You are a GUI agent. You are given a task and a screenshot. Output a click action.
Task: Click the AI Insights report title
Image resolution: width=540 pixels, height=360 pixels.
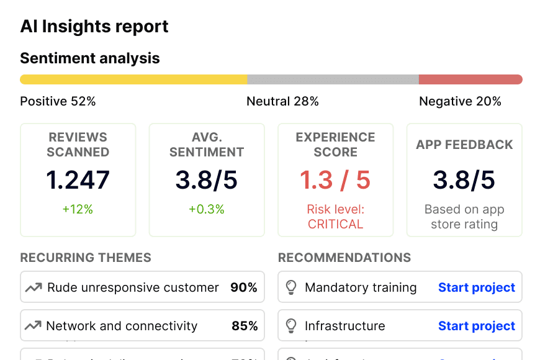click(94, 27)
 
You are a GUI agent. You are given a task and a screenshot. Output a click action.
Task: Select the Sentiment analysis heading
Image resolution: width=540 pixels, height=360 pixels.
click(90, 58)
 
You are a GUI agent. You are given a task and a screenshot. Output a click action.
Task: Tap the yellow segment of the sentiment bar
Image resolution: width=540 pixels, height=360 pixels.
click(133, 79)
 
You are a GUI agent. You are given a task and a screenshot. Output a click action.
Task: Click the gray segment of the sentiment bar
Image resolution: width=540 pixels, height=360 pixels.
click(333, 79)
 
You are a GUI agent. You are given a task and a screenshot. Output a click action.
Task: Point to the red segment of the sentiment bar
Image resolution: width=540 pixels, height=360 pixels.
click(470, 79)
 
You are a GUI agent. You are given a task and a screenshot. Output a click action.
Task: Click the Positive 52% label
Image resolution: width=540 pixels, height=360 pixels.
click(58, 101)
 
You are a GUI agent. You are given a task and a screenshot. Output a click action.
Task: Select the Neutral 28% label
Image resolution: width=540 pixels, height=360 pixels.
click(282, 101)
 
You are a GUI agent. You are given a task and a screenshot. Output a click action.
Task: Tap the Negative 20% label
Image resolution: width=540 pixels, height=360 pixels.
click(460, 101)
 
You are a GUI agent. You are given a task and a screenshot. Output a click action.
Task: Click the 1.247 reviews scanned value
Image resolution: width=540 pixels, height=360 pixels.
click(78, 180)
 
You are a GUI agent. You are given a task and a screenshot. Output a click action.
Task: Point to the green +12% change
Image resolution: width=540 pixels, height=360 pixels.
click(78, 209)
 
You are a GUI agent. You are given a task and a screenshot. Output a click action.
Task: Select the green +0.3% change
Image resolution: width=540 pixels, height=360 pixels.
click(206, 209)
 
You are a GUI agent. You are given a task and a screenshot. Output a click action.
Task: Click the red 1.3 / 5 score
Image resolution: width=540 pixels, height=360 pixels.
click(335, 180)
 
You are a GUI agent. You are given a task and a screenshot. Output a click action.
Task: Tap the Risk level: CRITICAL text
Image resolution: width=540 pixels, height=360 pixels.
click(335, 217)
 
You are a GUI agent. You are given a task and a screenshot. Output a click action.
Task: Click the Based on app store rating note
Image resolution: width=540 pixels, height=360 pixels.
click(464, 217)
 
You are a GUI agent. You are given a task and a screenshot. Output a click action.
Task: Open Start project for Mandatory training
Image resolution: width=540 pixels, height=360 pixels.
click(477, 287)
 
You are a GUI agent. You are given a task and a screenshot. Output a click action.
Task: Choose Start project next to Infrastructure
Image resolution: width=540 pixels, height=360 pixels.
click(477, 326)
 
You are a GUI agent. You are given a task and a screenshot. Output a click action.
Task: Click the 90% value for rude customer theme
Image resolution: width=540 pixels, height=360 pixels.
click(244, 287)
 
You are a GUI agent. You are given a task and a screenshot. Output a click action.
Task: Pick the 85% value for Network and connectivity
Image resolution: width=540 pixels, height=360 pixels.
click(244, 326)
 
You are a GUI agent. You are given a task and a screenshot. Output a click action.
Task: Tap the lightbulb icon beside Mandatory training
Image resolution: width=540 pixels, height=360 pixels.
click(290, 287)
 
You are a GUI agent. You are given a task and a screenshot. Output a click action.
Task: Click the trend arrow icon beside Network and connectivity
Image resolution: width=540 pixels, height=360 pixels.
click(33, 326)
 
